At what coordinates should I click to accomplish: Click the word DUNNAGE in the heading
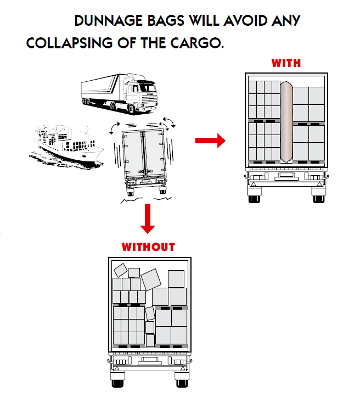click(109, 21)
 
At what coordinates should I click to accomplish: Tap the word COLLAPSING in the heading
click(69, 43)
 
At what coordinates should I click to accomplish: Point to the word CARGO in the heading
click(197, 43)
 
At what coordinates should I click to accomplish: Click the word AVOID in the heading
click(245, 21)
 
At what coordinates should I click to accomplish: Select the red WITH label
click(286, 63)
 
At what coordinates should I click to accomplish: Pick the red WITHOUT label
click(148, 247)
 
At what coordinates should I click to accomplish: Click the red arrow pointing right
click(210, 141)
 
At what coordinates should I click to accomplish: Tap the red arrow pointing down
click(148, 219)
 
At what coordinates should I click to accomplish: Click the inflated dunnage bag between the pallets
click(286, 122)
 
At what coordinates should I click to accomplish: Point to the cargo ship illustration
click(66, 146)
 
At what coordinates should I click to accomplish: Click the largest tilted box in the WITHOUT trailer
click(151, 279)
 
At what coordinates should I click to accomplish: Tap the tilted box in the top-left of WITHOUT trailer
click(120, 270)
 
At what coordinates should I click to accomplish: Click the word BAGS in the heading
click(166, 21)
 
